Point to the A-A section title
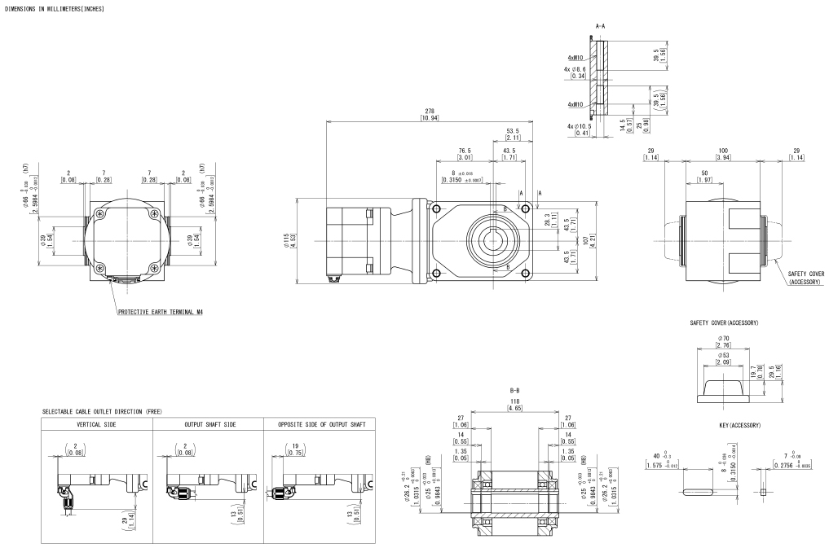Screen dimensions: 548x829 point(600,26)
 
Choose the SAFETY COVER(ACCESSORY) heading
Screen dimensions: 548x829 point(724,323)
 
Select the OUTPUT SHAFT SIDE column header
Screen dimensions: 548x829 point(208,425)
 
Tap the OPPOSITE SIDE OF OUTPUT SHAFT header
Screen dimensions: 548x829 point(320,425)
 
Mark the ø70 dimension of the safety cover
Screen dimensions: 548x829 point(724,336)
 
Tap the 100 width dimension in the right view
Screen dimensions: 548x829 point(724,151)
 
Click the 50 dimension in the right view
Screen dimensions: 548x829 point(703,173)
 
